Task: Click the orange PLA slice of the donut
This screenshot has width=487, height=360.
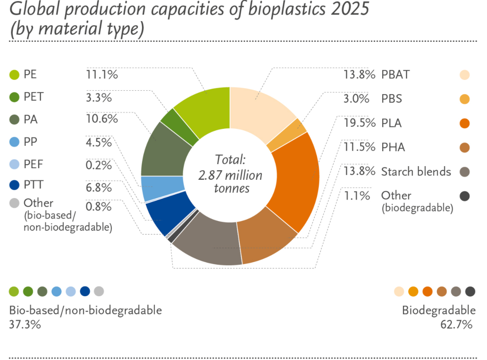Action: (298, 180)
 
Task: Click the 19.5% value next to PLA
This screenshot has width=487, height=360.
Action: (359, 123)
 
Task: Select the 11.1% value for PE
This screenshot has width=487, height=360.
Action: (102, 75)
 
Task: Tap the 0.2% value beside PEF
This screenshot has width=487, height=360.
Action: (99, 165)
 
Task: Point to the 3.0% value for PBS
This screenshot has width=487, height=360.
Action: (356, 99)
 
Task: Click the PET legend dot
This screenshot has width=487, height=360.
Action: (14, 97)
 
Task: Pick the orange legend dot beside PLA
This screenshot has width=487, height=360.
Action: (465, 123)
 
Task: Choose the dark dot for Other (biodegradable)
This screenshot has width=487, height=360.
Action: (465, 196)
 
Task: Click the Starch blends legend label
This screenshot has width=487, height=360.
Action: (416, 172)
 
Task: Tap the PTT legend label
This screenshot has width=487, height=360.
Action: (34, 185)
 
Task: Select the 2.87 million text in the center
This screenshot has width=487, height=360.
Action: (230, 175)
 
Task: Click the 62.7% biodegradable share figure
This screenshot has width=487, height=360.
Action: (456, 325)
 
